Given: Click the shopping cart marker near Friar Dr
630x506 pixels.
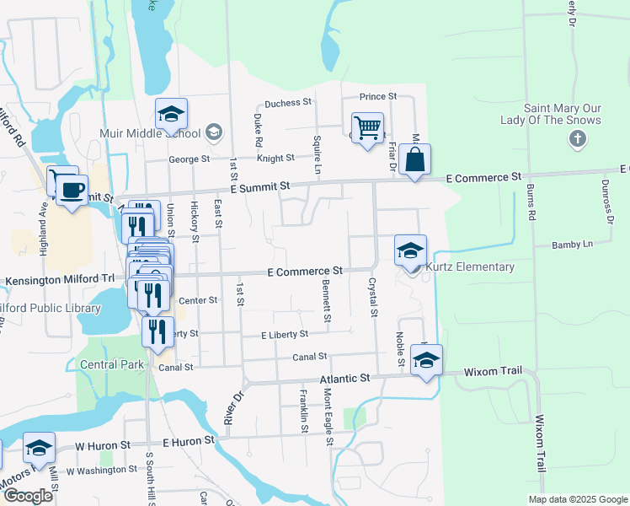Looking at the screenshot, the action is [x=367, y=129].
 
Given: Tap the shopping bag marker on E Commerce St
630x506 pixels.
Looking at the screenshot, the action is [x=415, y=159].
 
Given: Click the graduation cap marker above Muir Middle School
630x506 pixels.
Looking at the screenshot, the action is [x=171, y=114].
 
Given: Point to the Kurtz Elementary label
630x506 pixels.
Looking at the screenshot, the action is [x=471, y=267].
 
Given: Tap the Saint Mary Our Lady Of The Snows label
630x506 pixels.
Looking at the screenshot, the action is [x=563, y=114].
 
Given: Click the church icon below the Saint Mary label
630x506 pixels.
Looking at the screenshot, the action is [x=577, y=138].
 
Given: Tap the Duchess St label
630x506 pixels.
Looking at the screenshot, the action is [x=288, y=103].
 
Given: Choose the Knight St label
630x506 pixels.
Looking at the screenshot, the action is [x=275, y=158].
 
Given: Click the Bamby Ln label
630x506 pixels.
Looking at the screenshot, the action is [x=573, y=245].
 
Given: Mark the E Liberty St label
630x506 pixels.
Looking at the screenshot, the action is [x=285, y=335].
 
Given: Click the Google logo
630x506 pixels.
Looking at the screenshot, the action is [x=28, y=496].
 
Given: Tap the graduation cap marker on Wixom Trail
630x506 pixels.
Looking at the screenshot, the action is [x=426, y=360].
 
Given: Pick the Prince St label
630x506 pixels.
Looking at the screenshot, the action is [x=378, y=98].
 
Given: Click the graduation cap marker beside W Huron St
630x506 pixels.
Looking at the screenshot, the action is [x=39, y=448].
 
